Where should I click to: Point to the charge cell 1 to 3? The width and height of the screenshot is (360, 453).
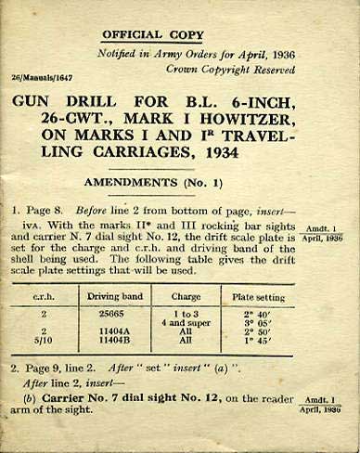[x=186, y=315]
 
